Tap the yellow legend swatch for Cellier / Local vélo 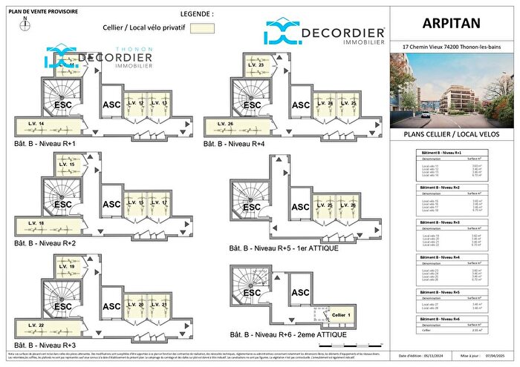coord(201,28)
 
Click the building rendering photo coord(450,91)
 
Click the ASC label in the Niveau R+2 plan coord(111,205)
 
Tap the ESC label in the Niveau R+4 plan coord(253,105)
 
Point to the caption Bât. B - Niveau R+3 coord(45,345)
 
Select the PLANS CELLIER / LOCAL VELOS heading coord(450,136)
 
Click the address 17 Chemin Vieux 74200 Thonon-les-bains coord(450,47)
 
